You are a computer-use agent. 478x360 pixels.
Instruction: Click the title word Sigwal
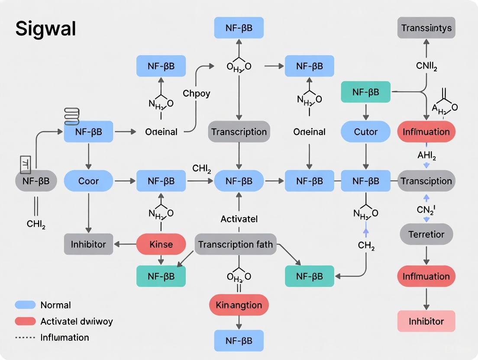[46, 29]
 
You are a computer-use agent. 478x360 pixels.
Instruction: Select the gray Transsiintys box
[426, 28]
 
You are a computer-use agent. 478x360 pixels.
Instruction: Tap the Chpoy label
[196, 93]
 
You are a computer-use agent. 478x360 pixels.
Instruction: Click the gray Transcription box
[239, 132]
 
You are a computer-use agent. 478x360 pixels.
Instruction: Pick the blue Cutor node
[365, 132]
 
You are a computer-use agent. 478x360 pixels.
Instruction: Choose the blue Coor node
[88, 181]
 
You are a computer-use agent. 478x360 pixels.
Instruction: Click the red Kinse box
[161, 244]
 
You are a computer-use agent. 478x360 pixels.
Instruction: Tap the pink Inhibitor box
[426, 321]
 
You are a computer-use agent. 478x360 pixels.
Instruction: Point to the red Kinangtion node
[239, 305]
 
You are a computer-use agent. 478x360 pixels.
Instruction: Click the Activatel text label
[239, 219]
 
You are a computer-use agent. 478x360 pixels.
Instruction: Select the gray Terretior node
[426, 234]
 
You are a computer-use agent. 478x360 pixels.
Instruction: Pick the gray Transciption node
[426, 181]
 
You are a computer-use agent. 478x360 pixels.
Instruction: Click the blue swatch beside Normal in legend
[25, 305]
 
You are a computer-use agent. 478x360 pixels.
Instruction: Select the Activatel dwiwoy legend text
[76, 321]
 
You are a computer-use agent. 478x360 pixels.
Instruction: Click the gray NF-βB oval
[36, 181]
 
